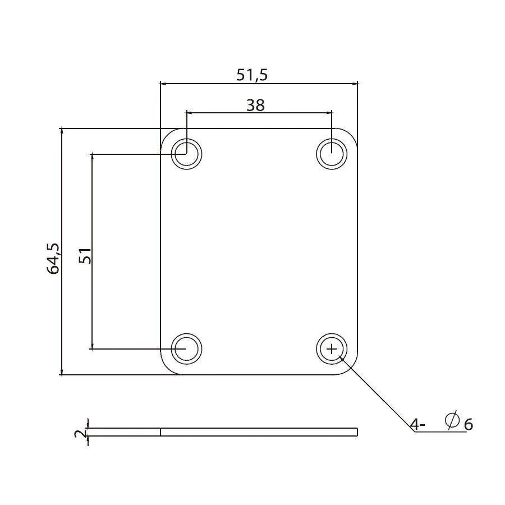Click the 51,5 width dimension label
[252, 75]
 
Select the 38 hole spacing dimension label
[255, 105]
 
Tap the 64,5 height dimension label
[53, 259]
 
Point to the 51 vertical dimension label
[85, 256]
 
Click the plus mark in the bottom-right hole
[332, 349]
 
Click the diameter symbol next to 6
[452, 420]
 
